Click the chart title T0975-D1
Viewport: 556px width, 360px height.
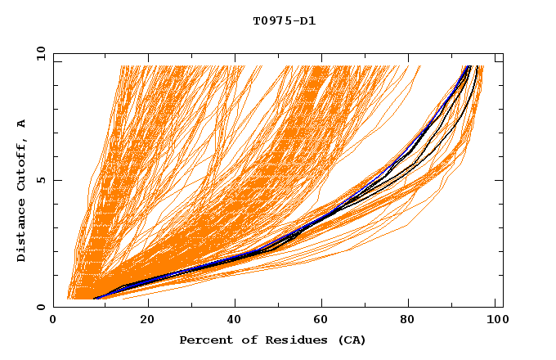pos(284,20)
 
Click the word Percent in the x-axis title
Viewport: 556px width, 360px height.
pos(204,340)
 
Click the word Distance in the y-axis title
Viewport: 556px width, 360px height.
pos(21,233)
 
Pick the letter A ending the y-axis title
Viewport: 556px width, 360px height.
pos(21,124)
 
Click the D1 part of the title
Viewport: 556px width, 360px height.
pos(306,20)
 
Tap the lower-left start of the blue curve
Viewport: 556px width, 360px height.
pos(95,299)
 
